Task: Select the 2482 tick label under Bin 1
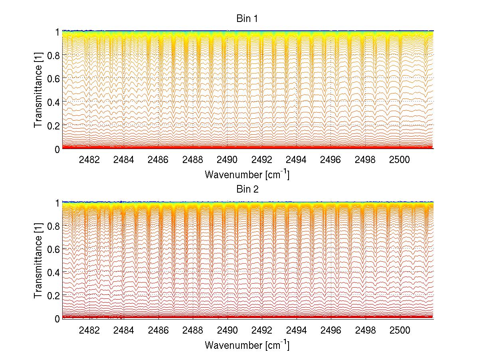[90, 160]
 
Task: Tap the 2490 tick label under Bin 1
[228, 160]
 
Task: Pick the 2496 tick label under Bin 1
[331, 160]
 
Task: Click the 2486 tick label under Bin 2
[158, 330]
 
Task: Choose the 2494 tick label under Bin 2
[297, 330]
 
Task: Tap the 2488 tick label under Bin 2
[193, 330]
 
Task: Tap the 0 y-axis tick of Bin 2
[57, 318]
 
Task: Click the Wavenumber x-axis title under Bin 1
[247, 174]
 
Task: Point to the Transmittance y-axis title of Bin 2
[38, 261]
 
